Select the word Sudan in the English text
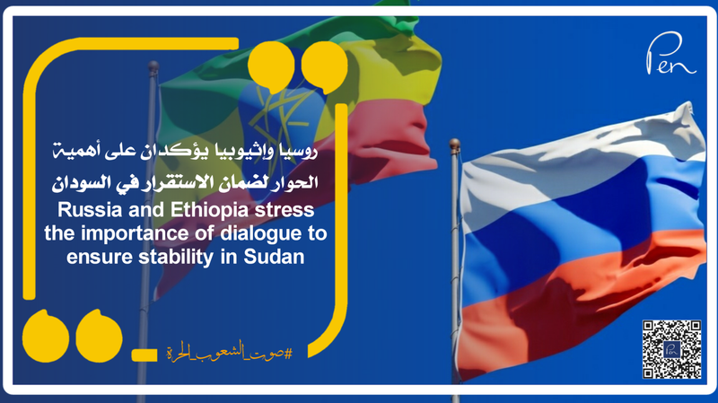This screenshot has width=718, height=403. (279, 258)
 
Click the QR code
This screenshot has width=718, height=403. (671, 348)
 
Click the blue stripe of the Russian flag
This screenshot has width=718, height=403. (574, 242)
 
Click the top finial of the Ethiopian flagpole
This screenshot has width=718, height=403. (153, 66)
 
